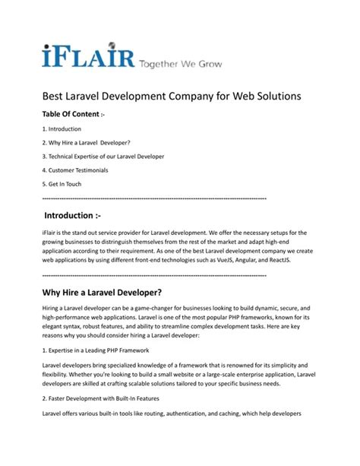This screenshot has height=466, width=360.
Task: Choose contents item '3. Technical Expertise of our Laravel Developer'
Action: tap(103, 157)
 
